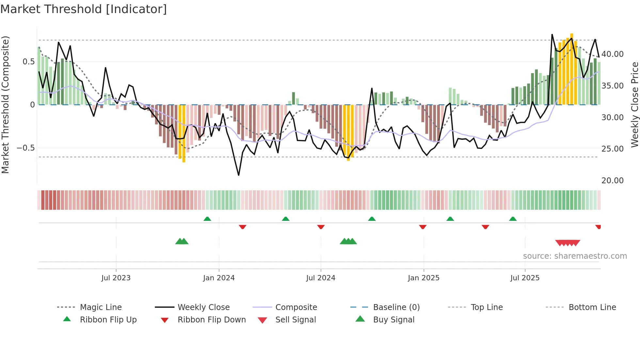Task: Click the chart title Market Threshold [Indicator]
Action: (84, 9)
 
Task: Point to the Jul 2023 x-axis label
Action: (116, 278)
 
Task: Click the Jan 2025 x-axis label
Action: (424, 278)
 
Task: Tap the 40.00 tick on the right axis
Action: (612, 54)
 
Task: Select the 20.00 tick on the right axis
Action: (612, 181)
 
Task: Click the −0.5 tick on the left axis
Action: (25, 148)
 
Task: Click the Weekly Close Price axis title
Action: (634, 105)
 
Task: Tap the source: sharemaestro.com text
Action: (575, 256)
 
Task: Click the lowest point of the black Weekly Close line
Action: (239, 175)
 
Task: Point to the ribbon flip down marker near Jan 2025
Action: (423, 227)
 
